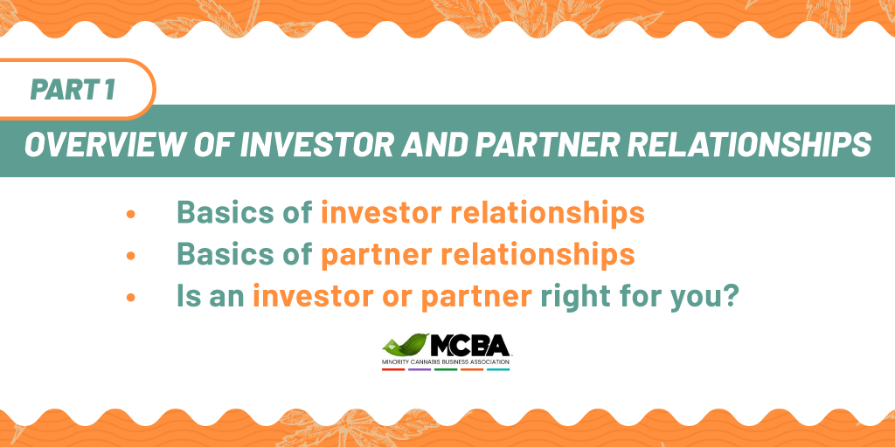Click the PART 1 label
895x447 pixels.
pyautogui.click(x=73, y=90)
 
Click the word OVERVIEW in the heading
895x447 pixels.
pyautogui.click(x=103, y=145)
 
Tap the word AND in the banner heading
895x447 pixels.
pyautogui.click(x=439, y=145)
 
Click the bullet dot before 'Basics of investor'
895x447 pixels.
pyautogui.click(x=131, y=214)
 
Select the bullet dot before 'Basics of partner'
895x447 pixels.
pyautogui.click(x=131, y=256)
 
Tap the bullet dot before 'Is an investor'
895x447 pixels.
pyautogui.click(x=131, y=298)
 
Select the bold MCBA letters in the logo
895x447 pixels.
pyautogui.click(x=469, y=346)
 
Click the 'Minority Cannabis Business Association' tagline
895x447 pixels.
pyautogui.click(x=446, y=362)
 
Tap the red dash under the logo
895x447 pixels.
pyautogui.click(x=393, y=370)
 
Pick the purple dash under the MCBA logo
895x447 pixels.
pyautogui.click(x=420, y=370)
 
